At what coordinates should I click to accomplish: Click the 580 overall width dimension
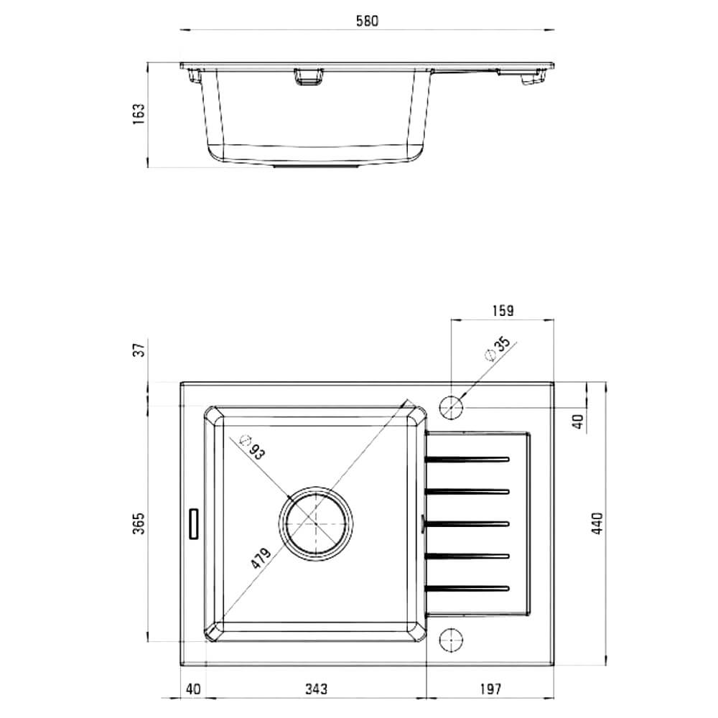tap(367, 22)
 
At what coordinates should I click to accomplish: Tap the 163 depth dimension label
tap(139, 114)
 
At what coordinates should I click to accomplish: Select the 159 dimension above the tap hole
tap(503, 310)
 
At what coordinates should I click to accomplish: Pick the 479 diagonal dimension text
tap(261, 558)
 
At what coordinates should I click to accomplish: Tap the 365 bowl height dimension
tap(139, 523)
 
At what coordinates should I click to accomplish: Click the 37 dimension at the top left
tap(139, 350)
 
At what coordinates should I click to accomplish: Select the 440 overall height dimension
tap(597, 523)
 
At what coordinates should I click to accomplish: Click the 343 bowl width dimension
tap(316, 689)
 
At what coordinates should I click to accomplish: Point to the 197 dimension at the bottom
tap(490, 689)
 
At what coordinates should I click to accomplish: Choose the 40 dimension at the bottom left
tap(193, 689)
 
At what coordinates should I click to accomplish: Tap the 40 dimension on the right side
tap(579, 421)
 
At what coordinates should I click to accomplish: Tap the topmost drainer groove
tap(467, 459)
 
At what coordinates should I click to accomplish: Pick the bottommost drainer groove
tap(467, 589)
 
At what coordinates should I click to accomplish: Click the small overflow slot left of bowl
tap(194, 523)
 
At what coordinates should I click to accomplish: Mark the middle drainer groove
tap(467, 524)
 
